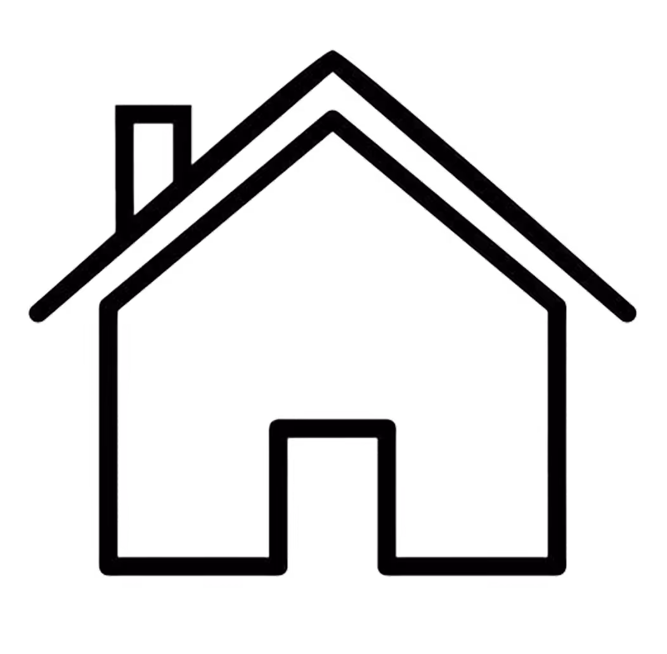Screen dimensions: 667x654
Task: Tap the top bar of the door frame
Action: [x=333, y=428]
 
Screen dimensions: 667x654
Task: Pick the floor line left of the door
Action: [x=190, y=565]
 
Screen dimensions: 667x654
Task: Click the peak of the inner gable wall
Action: [x=332, y=121]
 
